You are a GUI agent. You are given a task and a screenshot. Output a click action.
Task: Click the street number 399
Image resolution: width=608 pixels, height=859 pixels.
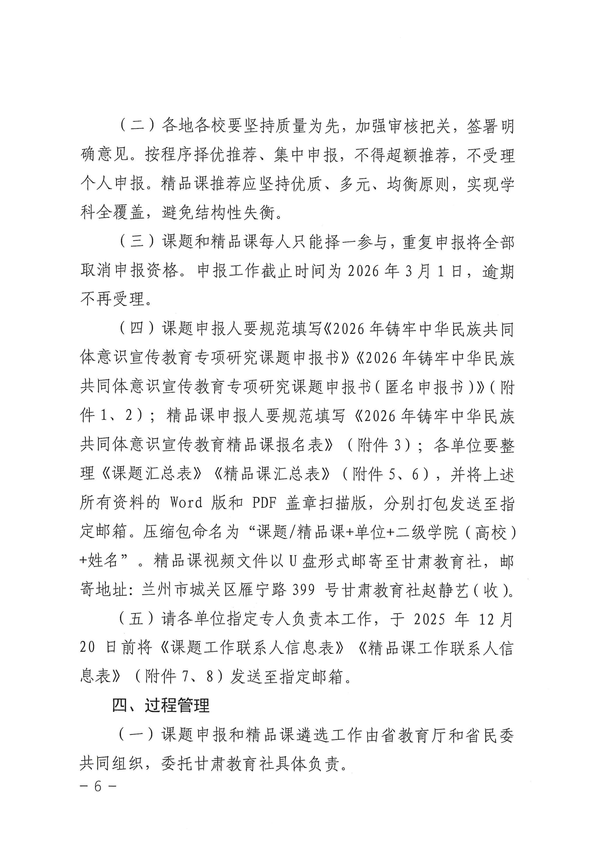(x=303, y=590)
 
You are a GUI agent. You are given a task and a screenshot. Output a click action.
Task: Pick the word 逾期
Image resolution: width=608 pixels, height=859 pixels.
(x=498, y=271)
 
